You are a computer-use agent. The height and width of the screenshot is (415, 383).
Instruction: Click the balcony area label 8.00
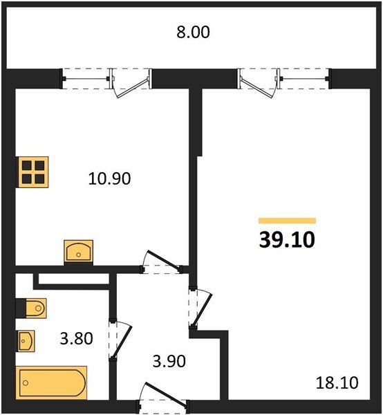pyautogui.click(x=193, y=32)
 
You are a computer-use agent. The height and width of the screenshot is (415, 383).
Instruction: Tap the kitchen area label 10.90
pyautogui.click(x=109, y=178)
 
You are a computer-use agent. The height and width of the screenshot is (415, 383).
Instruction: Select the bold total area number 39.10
pyautogui.click(x=287, y=240)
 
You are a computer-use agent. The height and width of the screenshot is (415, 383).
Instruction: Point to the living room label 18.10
pyautogui.click(x=337, y=382)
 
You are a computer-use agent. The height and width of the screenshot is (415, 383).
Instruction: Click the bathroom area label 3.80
pyautogui.click(x=76, y=338)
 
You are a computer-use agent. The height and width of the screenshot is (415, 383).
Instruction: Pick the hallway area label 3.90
pyautogui.click(x=169, y=361)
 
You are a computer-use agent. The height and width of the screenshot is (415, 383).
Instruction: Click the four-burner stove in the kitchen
pyautogui.click(x=32, y=172)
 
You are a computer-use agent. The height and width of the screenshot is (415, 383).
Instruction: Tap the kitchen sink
pyautogui.click(x=79, y=252)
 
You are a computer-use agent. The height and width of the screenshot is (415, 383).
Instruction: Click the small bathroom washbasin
pyautogui.click(x=26, y=340)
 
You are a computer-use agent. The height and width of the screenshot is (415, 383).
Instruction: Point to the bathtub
pyautogui.click(x=52, y=382)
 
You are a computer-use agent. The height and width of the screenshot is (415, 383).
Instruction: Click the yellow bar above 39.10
pyautogui.click(x=288, y=221)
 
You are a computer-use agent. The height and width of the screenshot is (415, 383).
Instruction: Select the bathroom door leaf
pyautogui.click(x=122, y=342)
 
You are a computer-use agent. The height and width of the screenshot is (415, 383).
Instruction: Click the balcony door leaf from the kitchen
pyautogui.click(x=132, y=88)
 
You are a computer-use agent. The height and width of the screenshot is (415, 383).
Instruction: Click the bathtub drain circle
pyautogui.click(x=26, y=382)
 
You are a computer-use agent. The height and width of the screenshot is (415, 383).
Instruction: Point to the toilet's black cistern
pyautogui.click(x=21, y=308)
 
